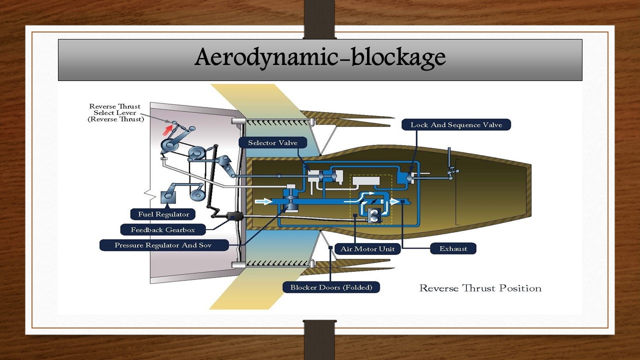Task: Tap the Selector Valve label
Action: (273, 143)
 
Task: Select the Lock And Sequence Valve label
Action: (456, 125)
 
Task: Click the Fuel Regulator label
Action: (163, 214)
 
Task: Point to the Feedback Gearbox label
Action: (162, 230)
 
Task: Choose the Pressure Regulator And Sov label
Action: (164, 245)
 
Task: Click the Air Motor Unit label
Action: (367, 248)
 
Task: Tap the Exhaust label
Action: (453, 248)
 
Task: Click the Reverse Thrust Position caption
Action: (480, 288)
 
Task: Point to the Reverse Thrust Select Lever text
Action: (115, 113)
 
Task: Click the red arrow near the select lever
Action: (166, 130)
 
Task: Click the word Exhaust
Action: (453, 248)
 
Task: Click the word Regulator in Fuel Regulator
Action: (171, 214)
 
